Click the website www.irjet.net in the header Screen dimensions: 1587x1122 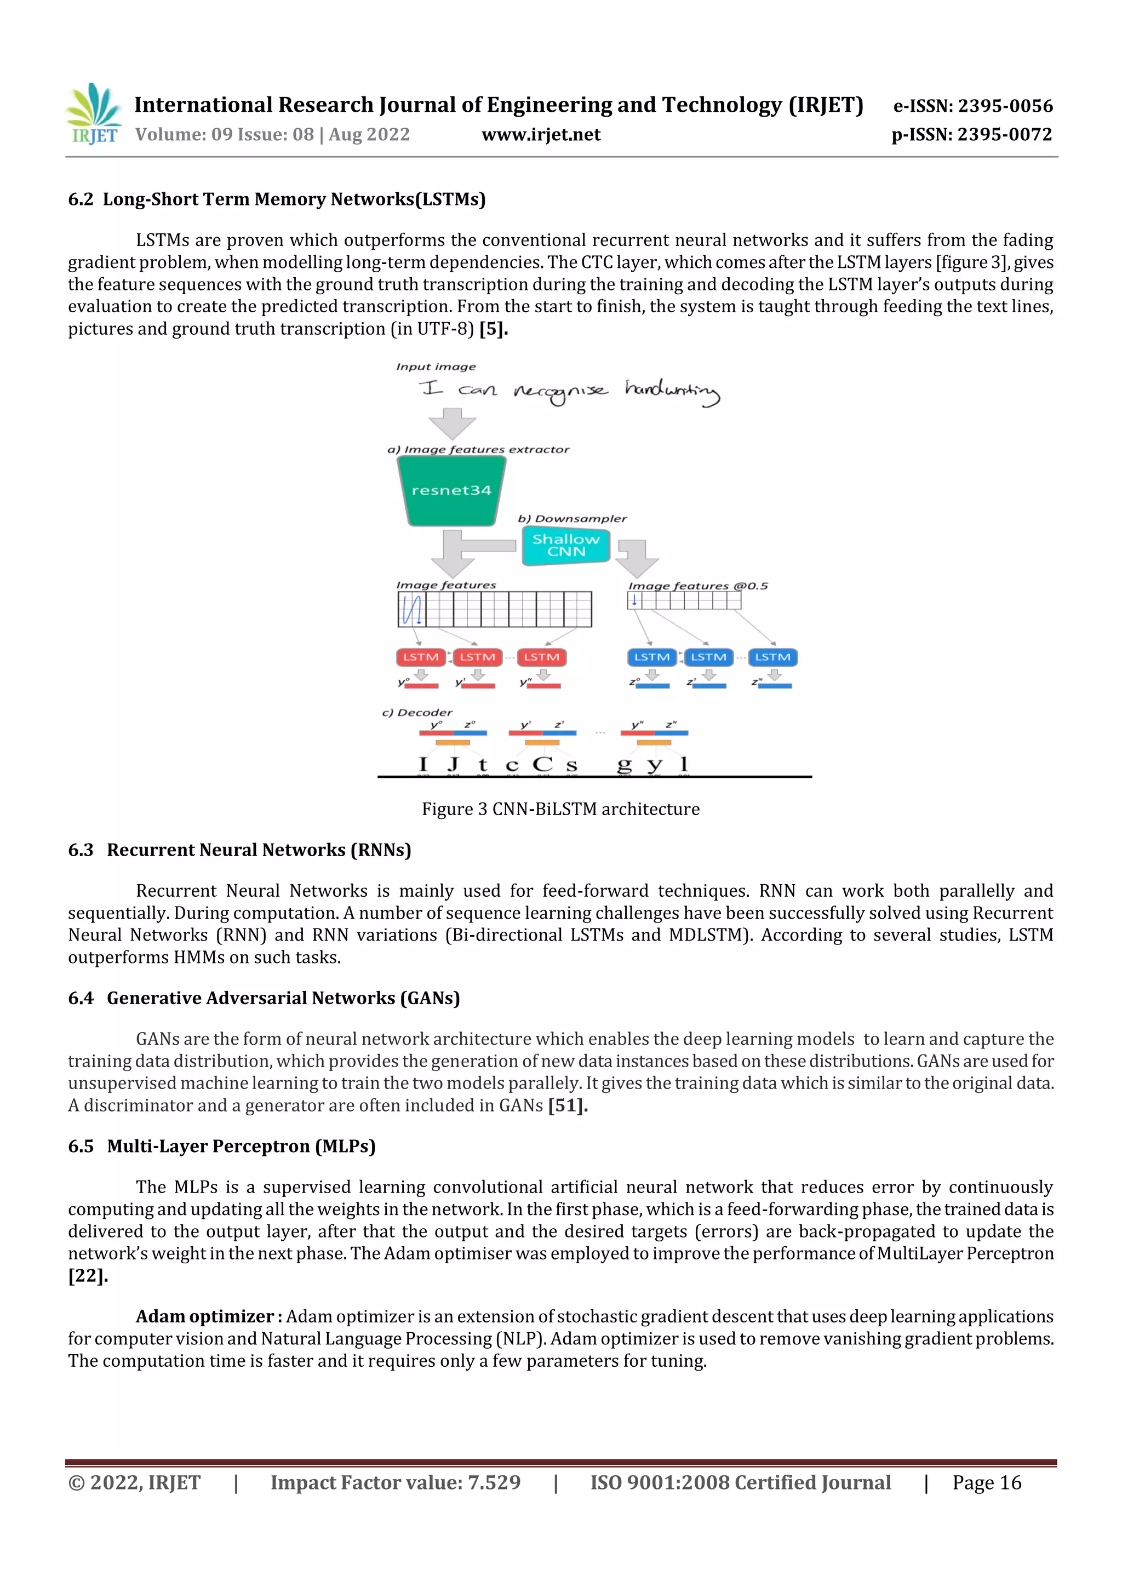click(x=541, y=134)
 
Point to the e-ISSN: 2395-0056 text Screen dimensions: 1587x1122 click(x=972, y=106)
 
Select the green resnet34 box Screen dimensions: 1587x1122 click(x=451, y=491)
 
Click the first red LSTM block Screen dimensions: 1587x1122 click(x=420, y=657)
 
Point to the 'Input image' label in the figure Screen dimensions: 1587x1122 click(x=436, y=367)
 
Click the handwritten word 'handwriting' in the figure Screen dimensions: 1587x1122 click(x=672, y=392)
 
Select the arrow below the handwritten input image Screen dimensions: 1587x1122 click(x=452, y=422)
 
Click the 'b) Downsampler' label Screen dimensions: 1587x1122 click(x=572, y=518)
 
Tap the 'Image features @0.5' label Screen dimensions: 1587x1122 click(x=697, y=586)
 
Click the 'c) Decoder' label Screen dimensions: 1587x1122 click(x=417, y=713)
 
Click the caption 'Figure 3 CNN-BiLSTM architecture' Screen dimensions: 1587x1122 click(x=560, y=809)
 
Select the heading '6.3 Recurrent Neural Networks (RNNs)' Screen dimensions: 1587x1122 click(x=239, y=850)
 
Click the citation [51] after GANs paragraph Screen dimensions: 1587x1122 click(x=568, y=1105)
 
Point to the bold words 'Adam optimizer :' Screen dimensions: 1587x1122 click(x=209, y=1316)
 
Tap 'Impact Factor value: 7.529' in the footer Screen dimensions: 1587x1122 click(x=396, y=1482)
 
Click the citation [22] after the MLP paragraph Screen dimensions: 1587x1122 click(x=88, y=1275)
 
